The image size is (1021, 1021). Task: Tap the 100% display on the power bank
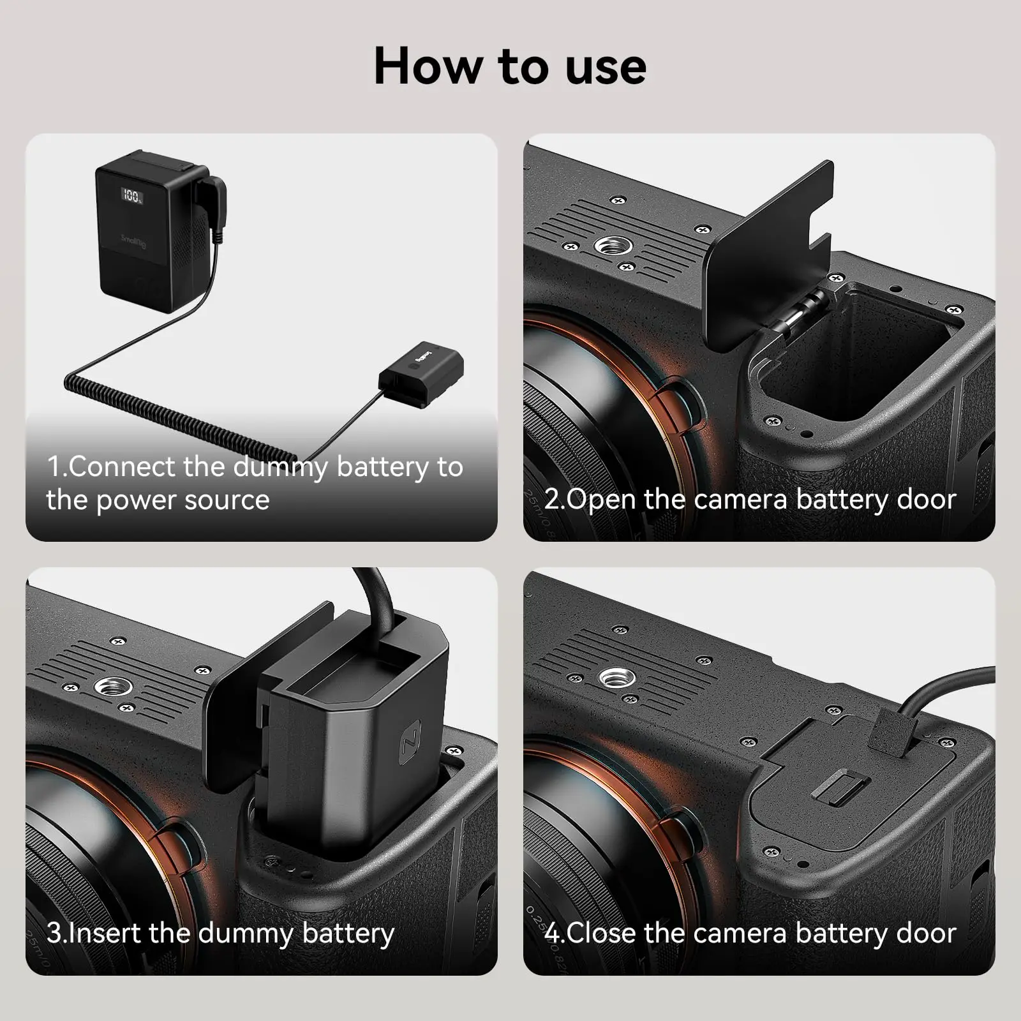[x=133, y=195]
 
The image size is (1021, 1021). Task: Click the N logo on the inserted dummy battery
[x=410, y=740]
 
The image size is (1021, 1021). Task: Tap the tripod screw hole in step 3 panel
[x=114, y=687]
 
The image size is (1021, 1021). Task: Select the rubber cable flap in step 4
[x=891, y=731]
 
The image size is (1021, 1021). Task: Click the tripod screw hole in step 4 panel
[x=615, y=677]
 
